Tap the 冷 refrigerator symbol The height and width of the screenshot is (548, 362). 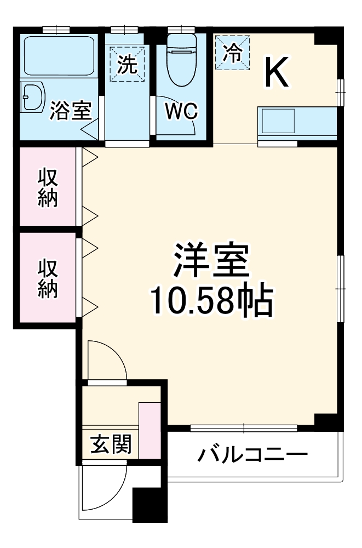pos(232,53)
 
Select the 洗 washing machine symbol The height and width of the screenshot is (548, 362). pos(127,65)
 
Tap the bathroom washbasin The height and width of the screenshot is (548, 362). pos(33,97)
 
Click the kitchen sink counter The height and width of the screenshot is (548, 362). pos(296,121)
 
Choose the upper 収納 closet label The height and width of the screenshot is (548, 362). pos(48,188)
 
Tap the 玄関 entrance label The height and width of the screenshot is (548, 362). pos(111,443)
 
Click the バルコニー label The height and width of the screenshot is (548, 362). pos(253,454)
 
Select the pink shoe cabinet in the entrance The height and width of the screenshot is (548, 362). pos(148,430)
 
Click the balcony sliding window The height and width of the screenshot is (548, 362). pos(244,427)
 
